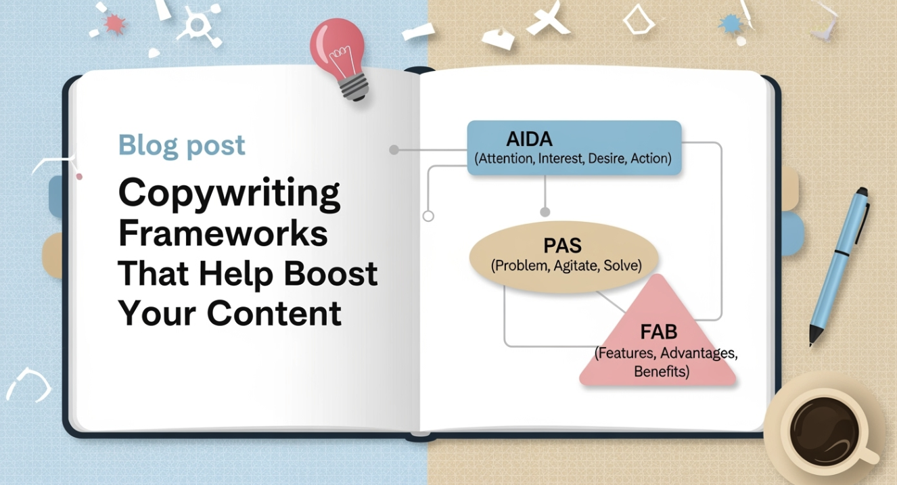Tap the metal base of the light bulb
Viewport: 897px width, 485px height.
[x=354, y=87]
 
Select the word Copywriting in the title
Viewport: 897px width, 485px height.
[x=229, y=194]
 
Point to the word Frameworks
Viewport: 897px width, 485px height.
[x=223, y=233]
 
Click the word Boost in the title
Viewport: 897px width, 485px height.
[x=330, y=273]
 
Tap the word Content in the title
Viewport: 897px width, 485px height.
[x=274, y=313]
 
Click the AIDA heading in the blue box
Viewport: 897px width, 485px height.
[x=530, y=139]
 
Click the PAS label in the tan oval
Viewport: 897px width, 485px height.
[x=562, y=246]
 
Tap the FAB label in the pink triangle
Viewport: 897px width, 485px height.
[x=659, y=331]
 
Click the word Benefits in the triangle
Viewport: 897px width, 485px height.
[x=662, y=371]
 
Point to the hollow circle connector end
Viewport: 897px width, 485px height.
[x=428, y=216]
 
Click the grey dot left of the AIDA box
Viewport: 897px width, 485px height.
[x=394, y=149]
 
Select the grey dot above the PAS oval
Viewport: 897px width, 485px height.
[x=545, y=212]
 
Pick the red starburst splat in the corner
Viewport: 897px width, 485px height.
[x=114, y=24]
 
